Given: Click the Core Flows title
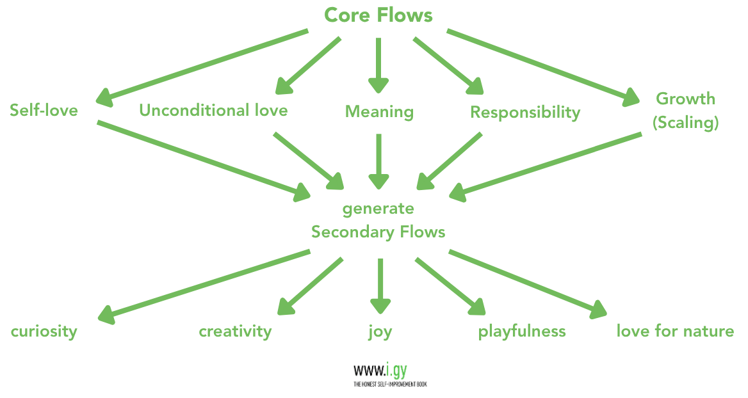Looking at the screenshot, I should click(378, 15).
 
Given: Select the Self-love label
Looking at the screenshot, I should click(44, 111).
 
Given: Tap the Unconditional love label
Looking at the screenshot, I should click(213, 110).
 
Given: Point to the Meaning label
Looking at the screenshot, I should click(379, 112).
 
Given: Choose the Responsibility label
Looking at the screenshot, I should click(525, 113).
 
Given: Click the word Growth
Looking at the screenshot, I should click(685, 99).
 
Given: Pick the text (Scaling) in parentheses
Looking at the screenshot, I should click(685, 122).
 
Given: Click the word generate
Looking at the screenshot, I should click(378, 209).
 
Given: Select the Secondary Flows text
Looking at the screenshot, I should click(378, 232).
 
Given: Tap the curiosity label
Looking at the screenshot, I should click(44, 331).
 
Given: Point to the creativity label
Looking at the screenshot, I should click(235, 331).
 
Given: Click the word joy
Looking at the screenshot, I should click(380, 332).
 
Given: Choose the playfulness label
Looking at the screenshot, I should click(522, 331).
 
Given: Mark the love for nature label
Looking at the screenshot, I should click(675, 331).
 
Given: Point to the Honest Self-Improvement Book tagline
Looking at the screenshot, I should click(389, 385).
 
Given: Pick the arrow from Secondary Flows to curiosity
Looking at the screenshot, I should click(205, 285).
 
